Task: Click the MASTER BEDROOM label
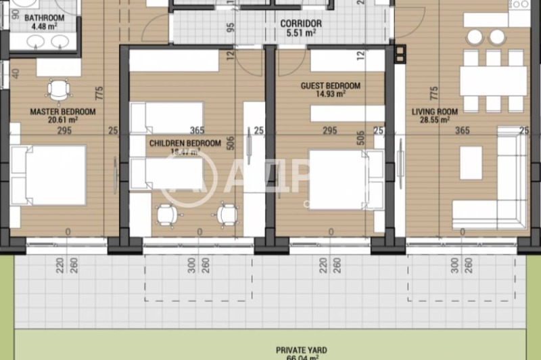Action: pos(62,112)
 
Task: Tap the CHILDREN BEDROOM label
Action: pos(185,143)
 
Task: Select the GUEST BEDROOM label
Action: pos(331,86)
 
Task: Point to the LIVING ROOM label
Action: pos(435,112)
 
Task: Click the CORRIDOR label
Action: pos(301,23)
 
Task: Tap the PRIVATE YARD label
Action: pos(301,350)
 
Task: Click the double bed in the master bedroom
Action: pos(49,175)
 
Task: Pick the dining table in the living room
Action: pos(493,81)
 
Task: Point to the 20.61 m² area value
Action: pos(63,120)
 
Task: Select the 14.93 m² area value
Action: pos(331,95)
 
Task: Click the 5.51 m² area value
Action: pos(301,32)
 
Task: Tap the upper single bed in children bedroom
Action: pos(167,117)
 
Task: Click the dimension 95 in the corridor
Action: pos(231,28)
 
